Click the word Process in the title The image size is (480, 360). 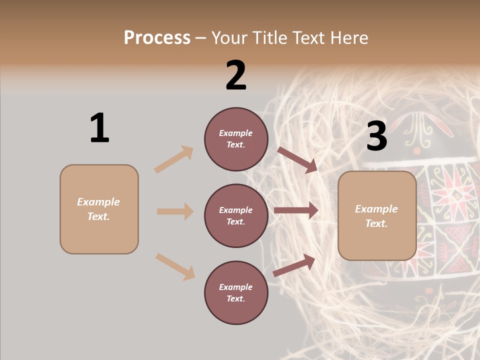(x=157, y=38)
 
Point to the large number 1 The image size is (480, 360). (x=99, y=128)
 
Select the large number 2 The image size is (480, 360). (x=236, y=75)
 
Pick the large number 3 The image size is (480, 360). (x=376, y=136)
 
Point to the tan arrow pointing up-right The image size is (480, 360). (x=174, y=159)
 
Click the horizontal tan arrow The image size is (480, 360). (x=175, y=211)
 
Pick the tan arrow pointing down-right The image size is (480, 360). (x=175, y=266)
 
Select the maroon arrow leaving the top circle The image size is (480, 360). (x=297, y=160)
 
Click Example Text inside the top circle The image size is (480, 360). (x=236, y=139)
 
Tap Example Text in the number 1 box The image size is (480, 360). (x=99, y=209)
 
